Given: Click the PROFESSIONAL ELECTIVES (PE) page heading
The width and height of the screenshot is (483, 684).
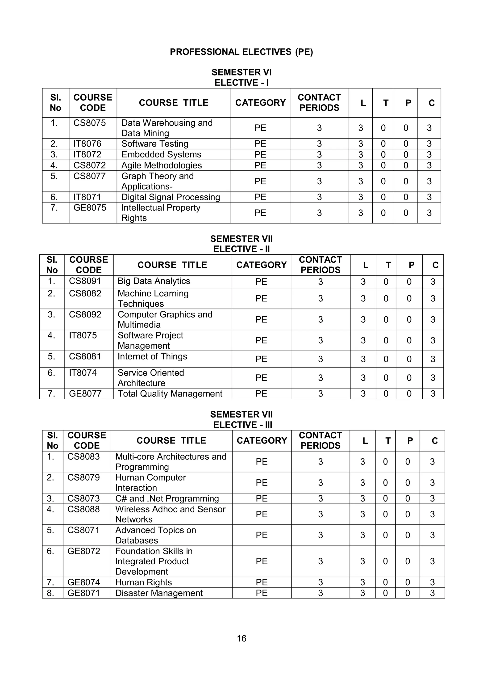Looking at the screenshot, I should point(241,52).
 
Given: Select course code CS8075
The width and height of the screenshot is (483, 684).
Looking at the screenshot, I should point(90,123).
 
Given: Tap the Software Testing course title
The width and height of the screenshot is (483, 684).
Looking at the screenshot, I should point(155,144).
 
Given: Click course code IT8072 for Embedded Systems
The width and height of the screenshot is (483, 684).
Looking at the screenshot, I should point(87,154).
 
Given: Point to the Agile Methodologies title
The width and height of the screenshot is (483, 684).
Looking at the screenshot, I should point(161,165).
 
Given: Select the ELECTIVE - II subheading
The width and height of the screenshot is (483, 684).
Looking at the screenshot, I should point(241,249).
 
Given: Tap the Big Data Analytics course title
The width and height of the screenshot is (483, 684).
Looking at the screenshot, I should point(154,281).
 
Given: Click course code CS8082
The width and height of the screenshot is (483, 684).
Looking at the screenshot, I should point(85,293).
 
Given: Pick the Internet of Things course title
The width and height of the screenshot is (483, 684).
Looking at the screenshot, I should point(152,356).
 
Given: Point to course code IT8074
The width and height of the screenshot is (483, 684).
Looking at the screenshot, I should point(83,373).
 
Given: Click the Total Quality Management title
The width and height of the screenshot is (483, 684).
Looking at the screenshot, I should point(170,393).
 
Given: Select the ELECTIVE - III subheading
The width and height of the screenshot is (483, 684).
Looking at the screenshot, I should point(242,425).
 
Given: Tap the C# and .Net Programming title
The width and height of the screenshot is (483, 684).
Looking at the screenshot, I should point(167,498).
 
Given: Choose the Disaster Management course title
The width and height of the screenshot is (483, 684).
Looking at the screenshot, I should point(159,593).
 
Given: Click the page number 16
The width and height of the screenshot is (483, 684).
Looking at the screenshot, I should point(241,638).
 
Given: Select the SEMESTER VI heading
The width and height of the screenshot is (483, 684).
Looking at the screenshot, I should point(241,72).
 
